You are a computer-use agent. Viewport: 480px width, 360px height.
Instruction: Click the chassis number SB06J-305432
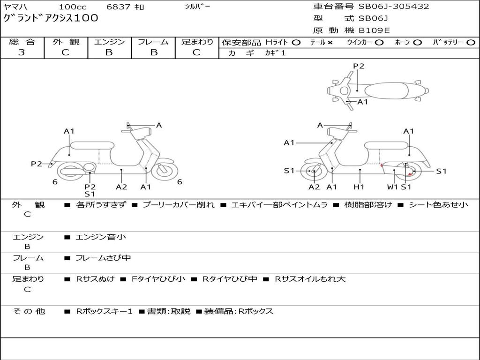pyautogui.click(x=394, y=7)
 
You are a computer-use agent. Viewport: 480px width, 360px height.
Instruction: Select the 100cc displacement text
pyautogui.click(x=73, y=7)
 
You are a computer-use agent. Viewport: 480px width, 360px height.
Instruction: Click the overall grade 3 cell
pyautogui.click(x=22, y=52)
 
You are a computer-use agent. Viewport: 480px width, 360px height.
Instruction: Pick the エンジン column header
pyautogui.click(x=109, y=42)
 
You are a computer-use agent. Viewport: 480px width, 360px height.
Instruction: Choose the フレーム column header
pyautogui.click(x=153, y=42)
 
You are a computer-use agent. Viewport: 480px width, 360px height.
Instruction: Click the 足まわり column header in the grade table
pyautogui.click(x=197, y=42)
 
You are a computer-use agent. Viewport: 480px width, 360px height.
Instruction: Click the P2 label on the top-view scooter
pyautogui.click(x=359, y=66)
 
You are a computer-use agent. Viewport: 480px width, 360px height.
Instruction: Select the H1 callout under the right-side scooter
pyautogui.click(x=359, y=187)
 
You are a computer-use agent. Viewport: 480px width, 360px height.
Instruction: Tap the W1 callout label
pyautogui.click(x=392, y=187)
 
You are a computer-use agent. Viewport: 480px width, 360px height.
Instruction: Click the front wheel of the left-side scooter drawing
pyautogui.click(x=165, y=170)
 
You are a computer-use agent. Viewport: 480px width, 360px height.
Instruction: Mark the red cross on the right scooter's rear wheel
pyautogui.click(x=410, y=174)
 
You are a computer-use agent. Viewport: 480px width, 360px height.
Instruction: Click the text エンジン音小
pyautogui.click(x=101, y=237)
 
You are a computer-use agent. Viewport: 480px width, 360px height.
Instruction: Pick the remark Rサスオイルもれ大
pyautogui.click(x=310, y=279)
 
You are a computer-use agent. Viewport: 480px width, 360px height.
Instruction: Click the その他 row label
pyautogui.click(x=29, y=311)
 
